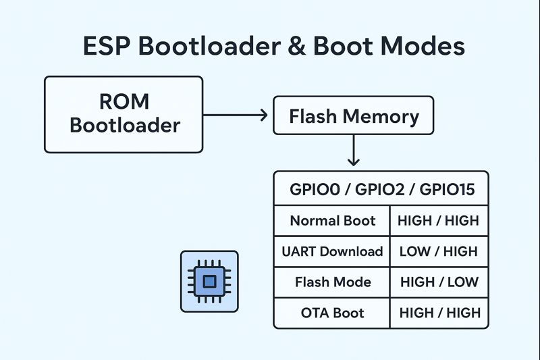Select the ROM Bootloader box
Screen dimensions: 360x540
tap(124, 113)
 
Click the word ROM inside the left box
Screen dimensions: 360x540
tap(124, 102)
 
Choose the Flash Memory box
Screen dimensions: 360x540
tap(353, 116)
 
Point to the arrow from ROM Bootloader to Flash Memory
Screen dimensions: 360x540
tap(236, 115)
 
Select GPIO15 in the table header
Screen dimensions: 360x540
tap(447, 190)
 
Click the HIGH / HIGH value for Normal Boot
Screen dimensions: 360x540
tap(439, 221)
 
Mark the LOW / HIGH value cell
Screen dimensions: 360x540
tap(439, 251)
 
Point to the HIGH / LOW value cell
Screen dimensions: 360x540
tap(439, 282)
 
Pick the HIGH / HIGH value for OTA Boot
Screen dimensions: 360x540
tap(439, 313)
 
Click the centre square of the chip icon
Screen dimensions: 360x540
tap(209, 281)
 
